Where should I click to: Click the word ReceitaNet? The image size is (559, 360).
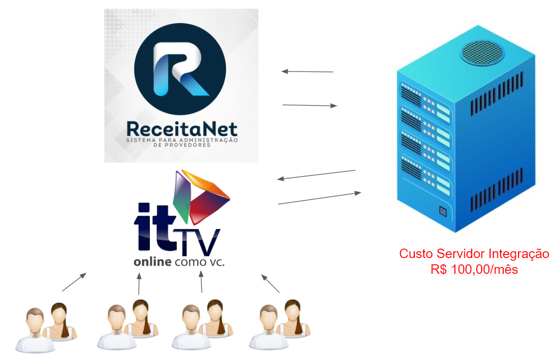click(x=181, y=129)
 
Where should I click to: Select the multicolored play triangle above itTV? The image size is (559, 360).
click(x=201, y=197)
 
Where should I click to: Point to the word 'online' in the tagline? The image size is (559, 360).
click(x=152, y=261)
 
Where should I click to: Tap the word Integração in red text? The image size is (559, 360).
click(x=519, y=254)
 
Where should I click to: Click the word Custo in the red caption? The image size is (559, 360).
click(x=416, y=254)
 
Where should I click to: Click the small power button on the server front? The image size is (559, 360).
click(x=442, y=212)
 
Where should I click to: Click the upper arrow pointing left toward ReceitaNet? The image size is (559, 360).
click(x=307, y=71)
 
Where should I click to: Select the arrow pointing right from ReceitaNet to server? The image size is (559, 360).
click(x=310, y=106)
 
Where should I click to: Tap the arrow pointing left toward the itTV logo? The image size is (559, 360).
click(x=316, y=175)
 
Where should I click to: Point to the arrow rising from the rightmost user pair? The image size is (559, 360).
click(x=271, y=283)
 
